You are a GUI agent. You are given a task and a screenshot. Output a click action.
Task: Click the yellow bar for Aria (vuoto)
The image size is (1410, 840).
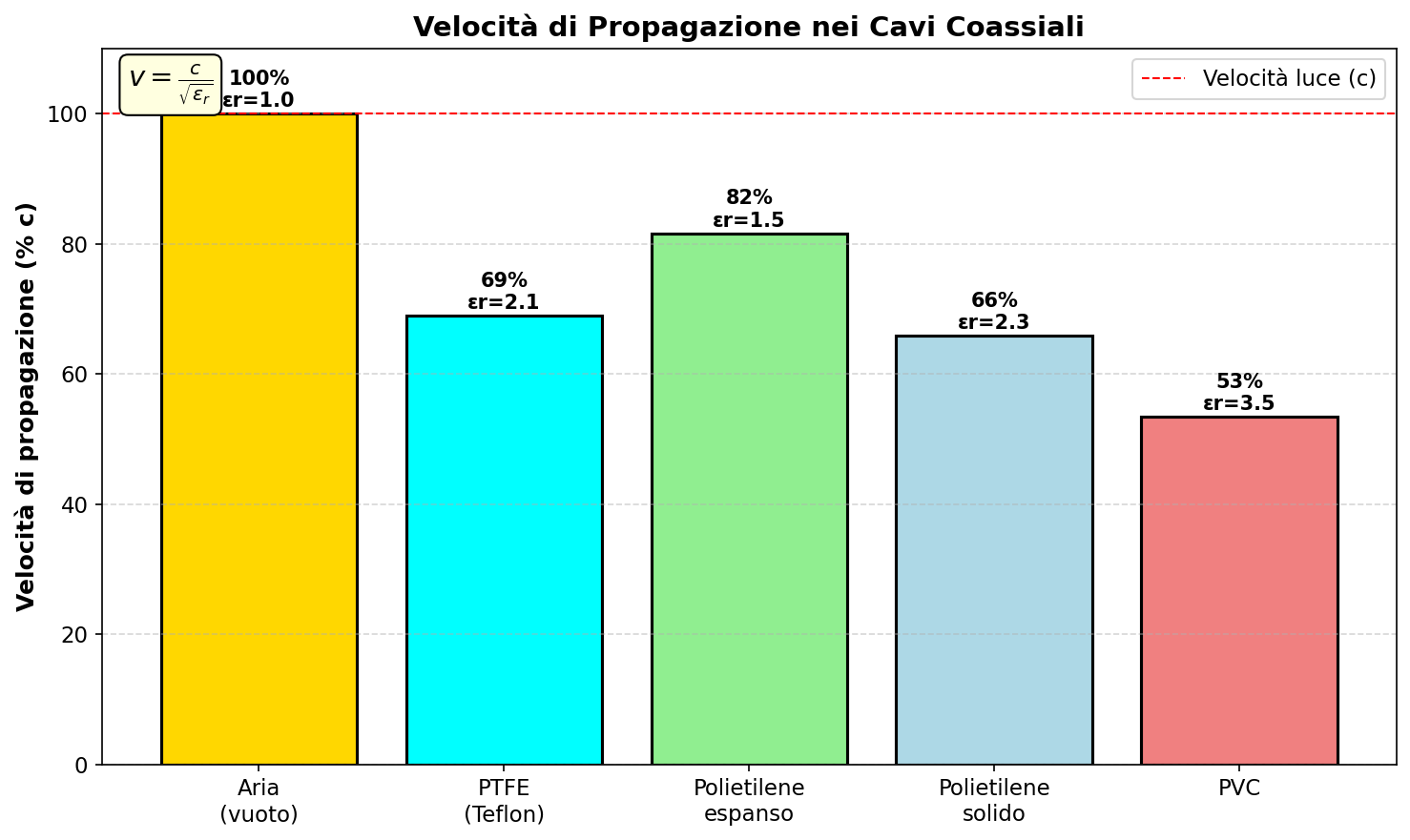259,439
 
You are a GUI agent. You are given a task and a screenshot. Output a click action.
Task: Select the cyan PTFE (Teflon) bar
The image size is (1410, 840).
504,540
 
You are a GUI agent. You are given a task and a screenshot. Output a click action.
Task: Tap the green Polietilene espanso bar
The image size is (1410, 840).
749,499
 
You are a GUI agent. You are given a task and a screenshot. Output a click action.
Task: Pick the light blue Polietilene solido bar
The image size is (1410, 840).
994,550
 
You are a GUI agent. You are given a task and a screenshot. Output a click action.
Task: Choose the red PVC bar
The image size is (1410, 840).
1239,590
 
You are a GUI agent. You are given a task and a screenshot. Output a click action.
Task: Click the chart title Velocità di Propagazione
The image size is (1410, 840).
748,27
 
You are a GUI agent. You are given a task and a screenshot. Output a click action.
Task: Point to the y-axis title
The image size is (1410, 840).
26,406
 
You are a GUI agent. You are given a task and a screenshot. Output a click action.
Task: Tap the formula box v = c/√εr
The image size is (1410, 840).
171,85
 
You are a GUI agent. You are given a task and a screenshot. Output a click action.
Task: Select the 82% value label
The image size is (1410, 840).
749,197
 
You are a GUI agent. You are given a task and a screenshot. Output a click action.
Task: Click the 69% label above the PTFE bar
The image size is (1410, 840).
504,280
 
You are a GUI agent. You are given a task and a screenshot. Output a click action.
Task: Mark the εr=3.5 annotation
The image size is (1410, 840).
1239,403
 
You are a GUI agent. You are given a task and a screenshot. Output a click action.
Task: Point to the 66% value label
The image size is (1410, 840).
994,300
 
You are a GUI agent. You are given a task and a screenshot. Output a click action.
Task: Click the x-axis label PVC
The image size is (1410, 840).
1239,789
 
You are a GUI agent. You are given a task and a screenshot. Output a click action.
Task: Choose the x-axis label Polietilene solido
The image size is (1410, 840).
994,801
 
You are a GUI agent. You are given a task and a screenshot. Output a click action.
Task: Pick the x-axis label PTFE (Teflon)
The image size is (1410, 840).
504,801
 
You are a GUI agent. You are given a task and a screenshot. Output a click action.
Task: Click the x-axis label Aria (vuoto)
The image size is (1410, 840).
259,801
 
